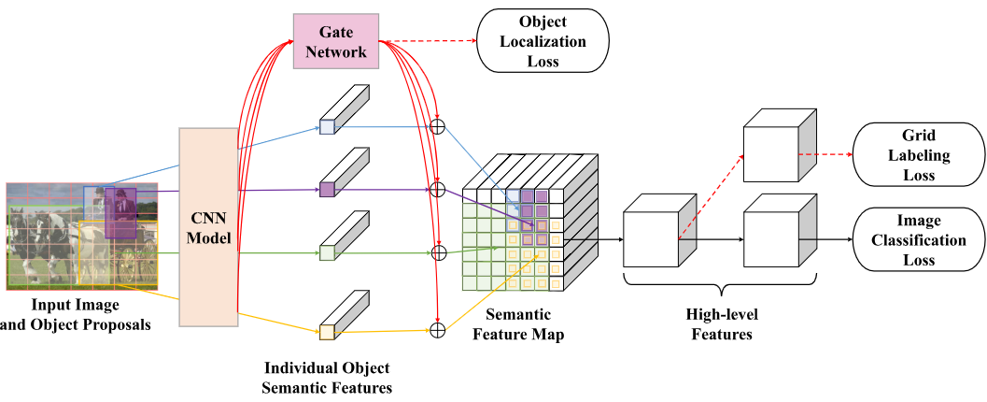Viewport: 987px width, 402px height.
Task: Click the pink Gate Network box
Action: tap(337, 41)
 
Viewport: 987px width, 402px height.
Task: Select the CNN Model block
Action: tap(207, 226)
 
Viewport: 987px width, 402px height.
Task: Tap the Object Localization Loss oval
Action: tap(543, 42)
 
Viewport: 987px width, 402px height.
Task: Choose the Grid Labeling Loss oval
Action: tap(919, 153)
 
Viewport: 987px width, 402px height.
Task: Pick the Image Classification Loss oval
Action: tap(919, 238)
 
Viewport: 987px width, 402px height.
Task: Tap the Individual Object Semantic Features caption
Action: tap(327, 377)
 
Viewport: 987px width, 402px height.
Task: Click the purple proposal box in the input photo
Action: tap(120, 211)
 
